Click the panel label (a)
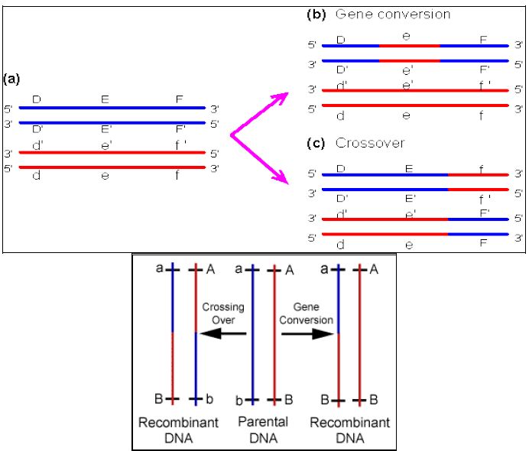11,79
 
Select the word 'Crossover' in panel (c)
370,143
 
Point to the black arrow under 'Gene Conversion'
307,333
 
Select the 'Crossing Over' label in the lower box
223,313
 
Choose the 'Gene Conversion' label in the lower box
306,313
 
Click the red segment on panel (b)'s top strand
409,46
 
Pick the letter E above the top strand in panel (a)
105,99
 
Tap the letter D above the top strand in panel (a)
35,99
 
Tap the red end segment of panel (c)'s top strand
478,175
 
